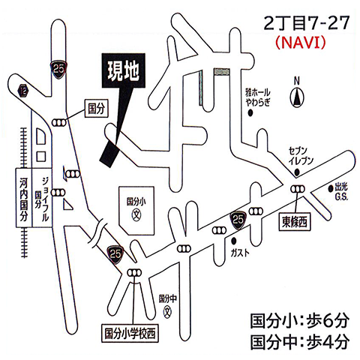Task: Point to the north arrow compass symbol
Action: click(298, 95)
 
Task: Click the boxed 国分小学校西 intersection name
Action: click(133, 330)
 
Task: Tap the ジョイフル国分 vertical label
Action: click(44, 197)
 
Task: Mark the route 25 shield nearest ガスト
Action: click(238, 219)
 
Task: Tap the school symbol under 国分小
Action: click(136, 213)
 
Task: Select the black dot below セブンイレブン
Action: click(298, 172)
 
